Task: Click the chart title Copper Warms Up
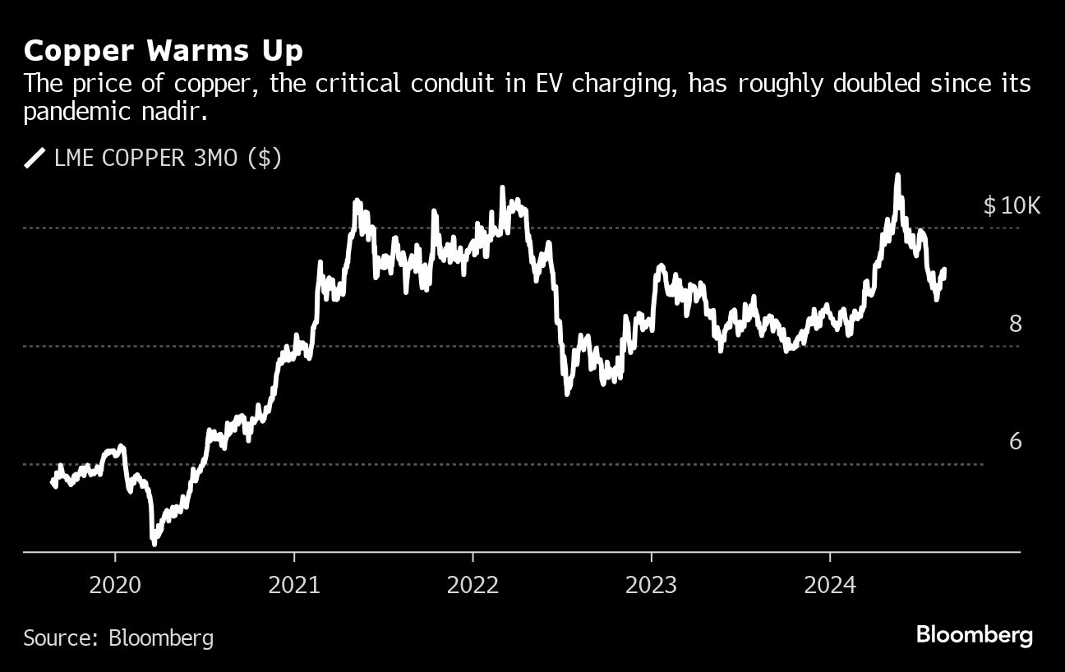point(163,52)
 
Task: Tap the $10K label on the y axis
point(1012,205)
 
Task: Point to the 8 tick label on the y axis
point(1016,324)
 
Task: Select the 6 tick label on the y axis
point(1016,442)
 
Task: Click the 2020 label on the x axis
point(115,586)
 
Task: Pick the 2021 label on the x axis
point(294,586)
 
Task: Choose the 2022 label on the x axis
point(473,586)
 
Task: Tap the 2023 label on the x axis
point(651,586)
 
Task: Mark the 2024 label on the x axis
point(830,586)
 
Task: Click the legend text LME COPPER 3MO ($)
point(168,158)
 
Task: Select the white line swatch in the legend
point(35,158)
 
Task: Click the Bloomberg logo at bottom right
point(974,635)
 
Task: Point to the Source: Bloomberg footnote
point(118,637)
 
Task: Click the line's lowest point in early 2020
point(154,542)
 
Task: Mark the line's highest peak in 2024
point(897,175)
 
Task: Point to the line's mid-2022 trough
point(567,394)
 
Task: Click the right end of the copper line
point(944,269)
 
